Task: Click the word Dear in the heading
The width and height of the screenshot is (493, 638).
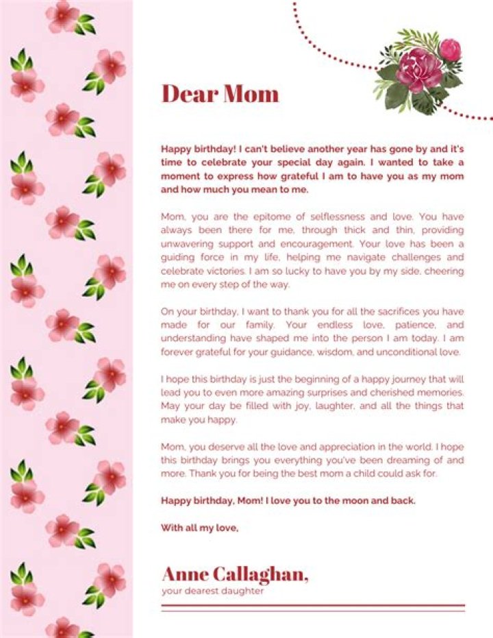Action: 188,94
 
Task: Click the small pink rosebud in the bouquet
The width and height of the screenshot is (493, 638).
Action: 450,49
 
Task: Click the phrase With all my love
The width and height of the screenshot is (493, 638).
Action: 199,528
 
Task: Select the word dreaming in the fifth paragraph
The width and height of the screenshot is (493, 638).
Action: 401,460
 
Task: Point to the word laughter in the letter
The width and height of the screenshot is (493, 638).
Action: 332,406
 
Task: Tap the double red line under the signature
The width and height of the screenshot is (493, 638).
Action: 312,608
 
